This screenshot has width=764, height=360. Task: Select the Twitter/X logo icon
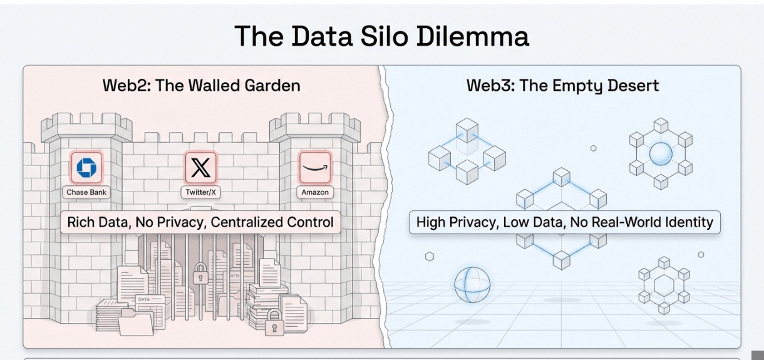click(200, 168)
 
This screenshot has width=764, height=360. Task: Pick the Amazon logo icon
click(315, 168)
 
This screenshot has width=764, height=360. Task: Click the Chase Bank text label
click(86, 192)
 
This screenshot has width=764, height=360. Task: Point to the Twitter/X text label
click(200, 192)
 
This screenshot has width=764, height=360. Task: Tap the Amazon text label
click(315, 192)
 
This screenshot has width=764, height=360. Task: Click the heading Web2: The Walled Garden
click(201, 86)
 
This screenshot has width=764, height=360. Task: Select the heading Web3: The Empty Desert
click(562, 86)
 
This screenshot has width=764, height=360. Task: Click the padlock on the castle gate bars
click(200, 274)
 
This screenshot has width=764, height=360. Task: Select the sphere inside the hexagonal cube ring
click(660, 153)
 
